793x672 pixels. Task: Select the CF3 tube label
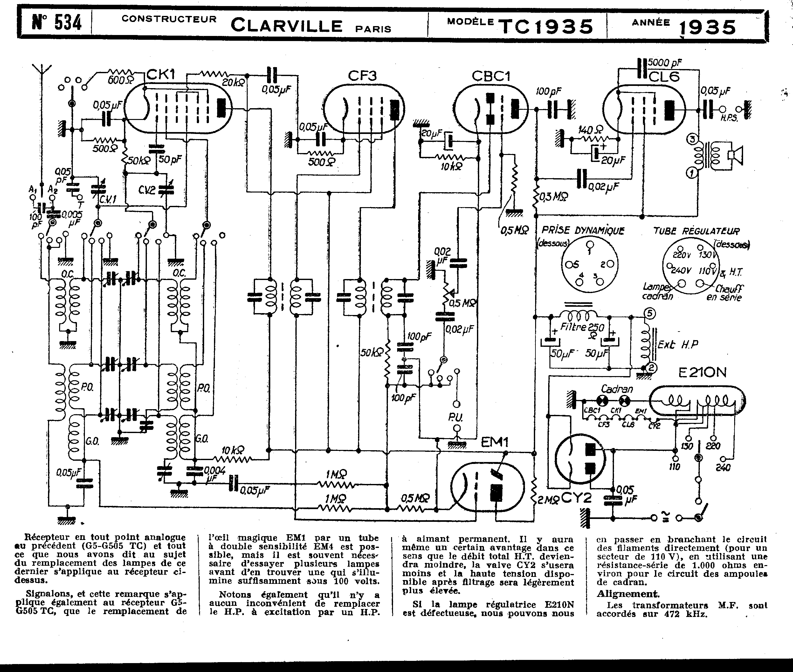click(362, 76)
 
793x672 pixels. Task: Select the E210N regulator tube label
click(702, 373)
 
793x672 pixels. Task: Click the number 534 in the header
click(68, 23)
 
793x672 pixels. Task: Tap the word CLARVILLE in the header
click(286, 26)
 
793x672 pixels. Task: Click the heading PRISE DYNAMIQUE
click(583, 230)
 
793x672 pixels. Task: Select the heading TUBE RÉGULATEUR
click(696, 231)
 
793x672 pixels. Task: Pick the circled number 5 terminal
click(650, 313)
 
